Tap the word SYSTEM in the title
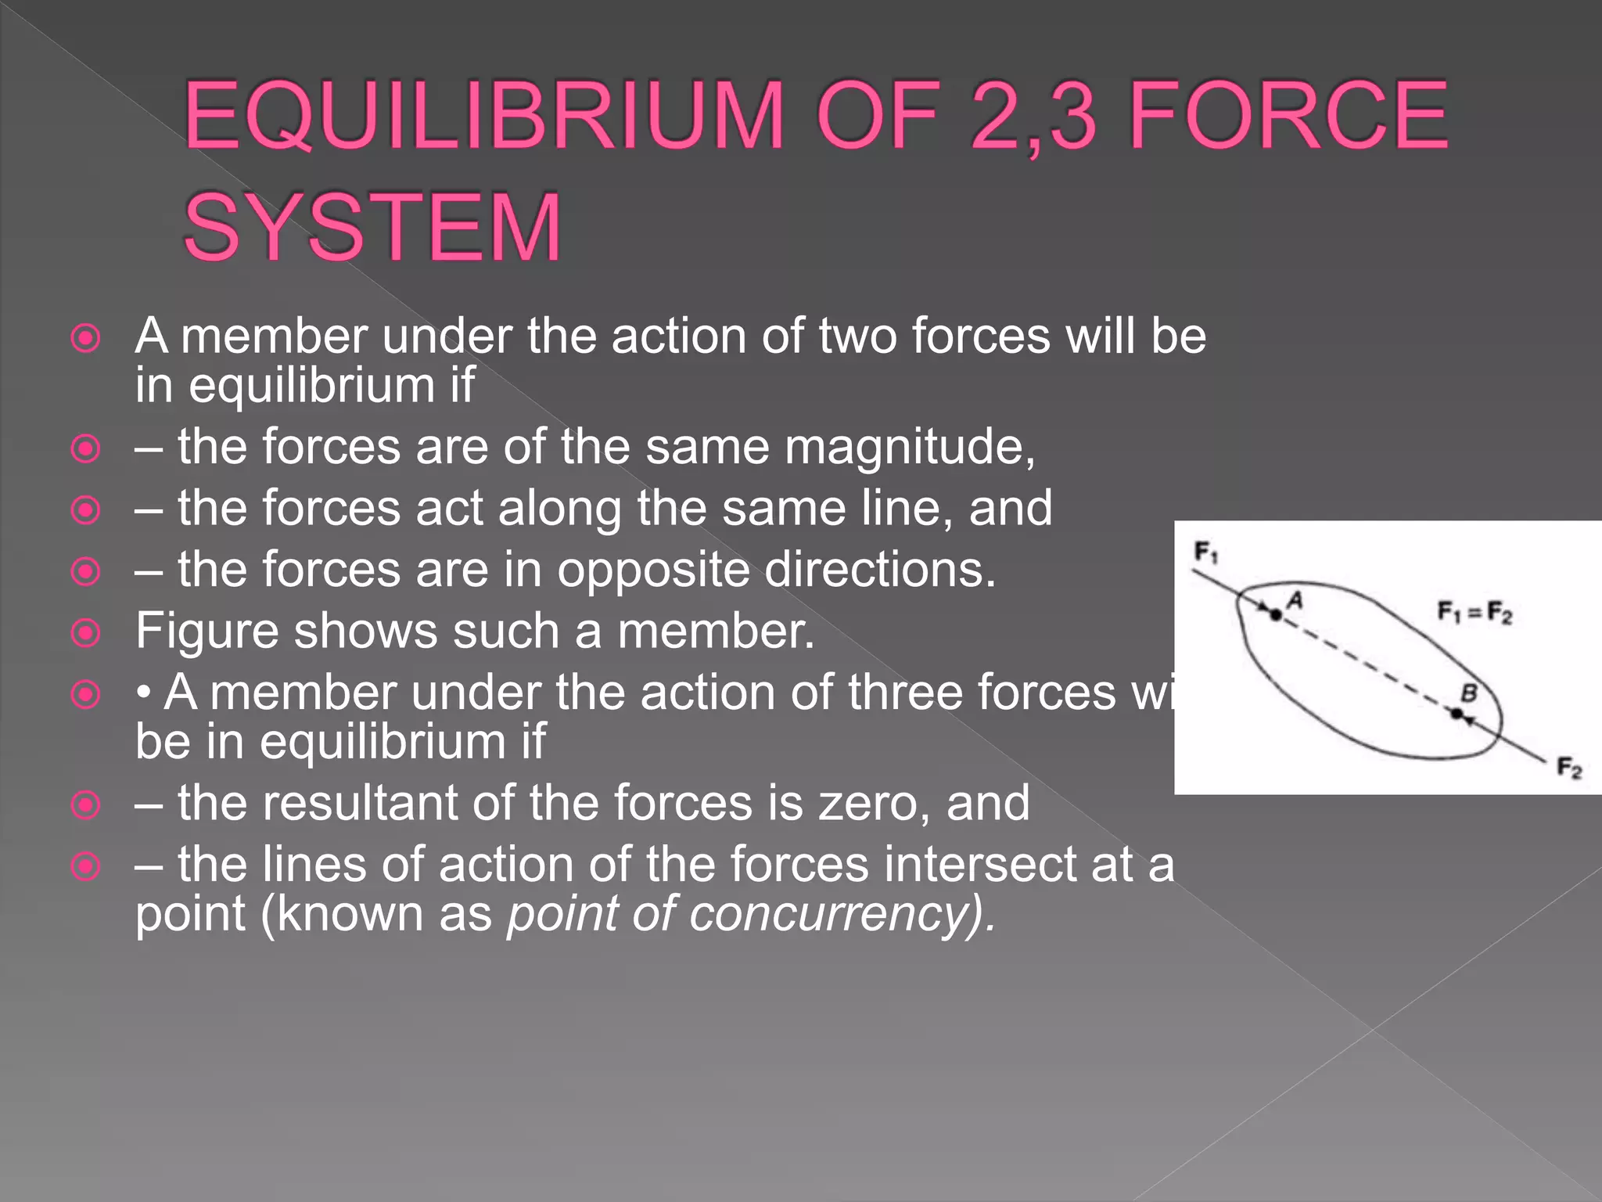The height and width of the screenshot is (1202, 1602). pos(372,228)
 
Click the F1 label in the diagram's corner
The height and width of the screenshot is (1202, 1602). pos(1205,553)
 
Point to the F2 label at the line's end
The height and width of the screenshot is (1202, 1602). pos(1568,768)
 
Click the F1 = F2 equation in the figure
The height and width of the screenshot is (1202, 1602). pos(1474,611)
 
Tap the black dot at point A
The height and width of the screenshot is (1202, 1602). pos(1276,615)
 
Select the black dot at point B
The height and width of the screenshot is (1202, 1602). pos(1457,714)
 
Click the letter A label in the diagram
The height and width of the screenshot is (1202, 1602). pos(1295,600)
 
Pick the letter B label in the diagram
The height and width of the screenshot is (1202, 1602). pos(1470,693)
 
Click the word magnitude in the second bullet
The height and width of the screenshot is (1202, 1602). pos(909,448)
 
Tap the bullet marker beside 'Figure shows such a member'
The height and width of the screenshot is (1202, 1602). pos(85,632)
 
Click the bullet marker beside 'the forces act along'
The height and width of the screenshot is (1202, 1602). pos(85,510)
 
